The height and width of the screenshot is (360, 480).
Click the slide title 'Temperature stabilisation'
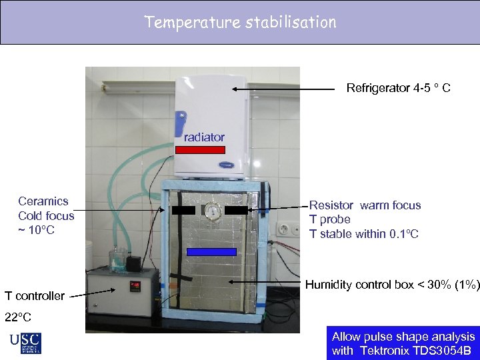(240, 22)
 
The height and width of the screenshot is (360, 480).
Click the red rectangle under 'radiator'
(201, 150)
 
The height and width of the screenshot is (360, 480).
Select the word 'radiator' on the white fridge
(204, 137)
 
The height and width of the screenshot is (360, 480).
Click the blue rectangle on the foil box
(211, 252)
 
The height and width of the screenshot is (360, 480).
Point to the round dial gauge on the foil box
(212, 211)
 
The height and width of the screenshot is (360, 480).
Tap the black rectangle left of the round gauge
(183, 210)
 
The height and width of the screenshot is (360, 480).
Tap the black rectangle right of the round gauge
(236, 210)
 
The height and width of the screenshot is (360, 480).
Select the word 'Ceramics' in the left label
(43, 201)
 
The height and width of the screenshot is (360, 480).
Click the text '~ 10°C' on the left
(36, 231)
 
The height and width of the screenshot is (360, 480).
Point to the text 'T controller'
(35, 296)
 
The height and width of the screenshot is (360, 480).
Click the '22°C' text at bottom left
(18, 317)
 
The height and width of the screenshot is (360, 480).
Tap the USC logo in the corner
(25, 343)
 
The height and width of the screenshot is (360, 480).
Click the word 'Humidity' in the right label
(327, 285)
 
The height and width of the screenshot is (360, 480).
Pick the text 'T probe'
(329, 219)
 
